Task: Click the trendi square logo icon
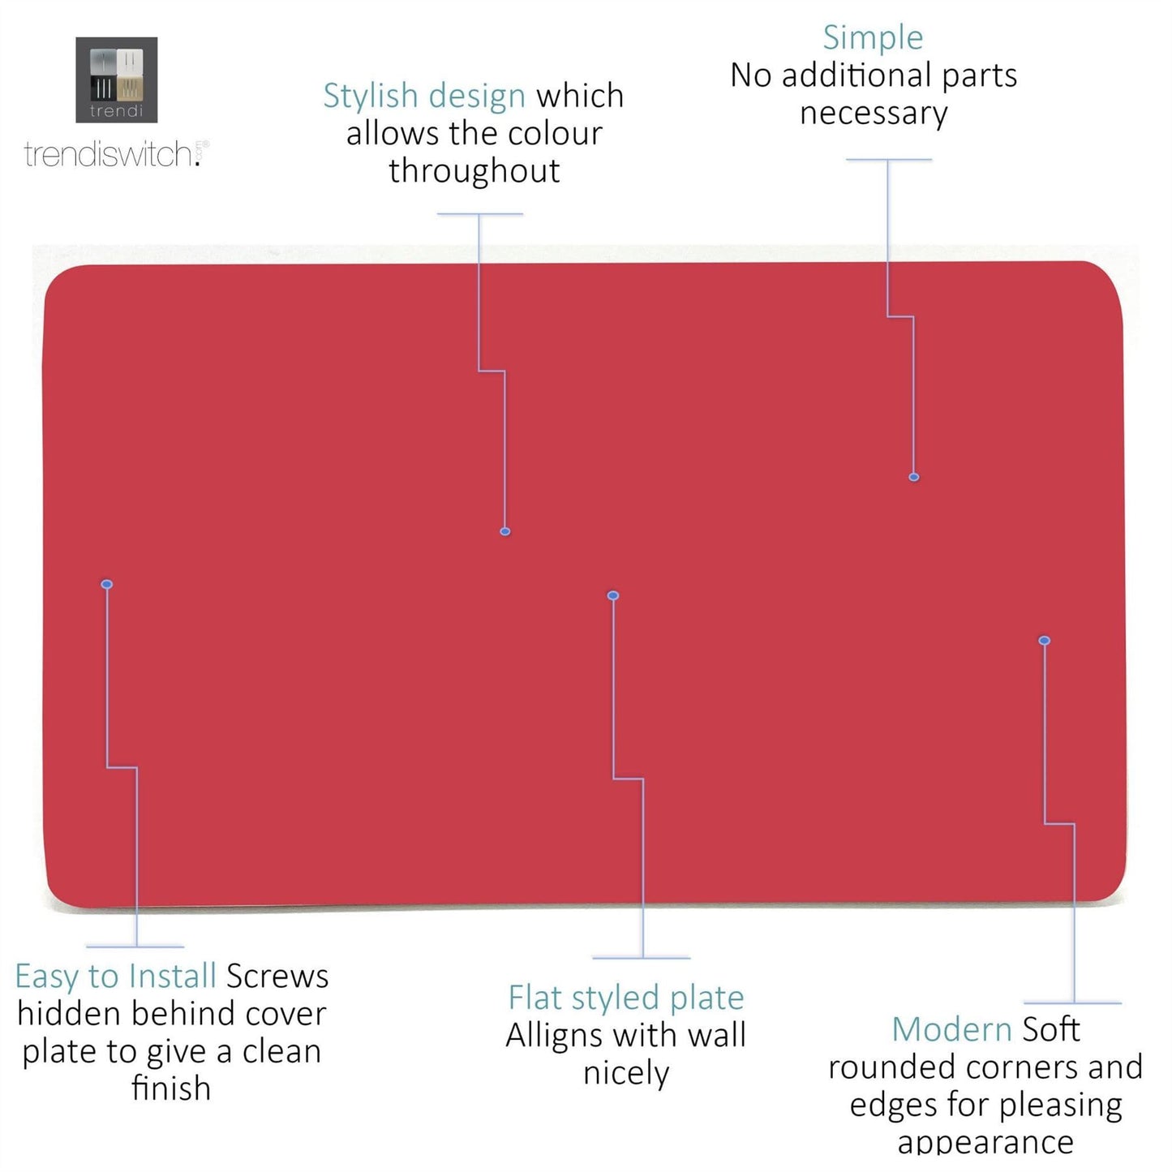pos(116,79)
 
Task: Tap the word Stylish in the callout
pos(370,96)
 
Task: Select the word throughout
pos(474,171)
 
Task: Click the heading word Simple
pos(873,37)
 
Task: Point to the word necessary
pos(874,114)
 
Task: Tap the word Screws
pos(277,976)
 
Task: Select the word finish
pos(171,1088)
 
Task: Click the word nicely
pos(626,1073)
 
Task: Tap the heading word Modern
pos(951,1029)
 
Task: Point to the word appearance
pos(985,1141)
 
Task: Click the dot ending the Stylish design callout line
pos(505,532)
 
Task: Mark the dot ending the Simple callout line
pos(914,478)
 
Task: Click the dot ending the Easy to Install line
pos(107,584)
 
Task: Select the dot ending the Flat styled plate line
pos(613,596)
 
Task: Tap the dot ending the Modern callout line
pos(1045,641)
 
